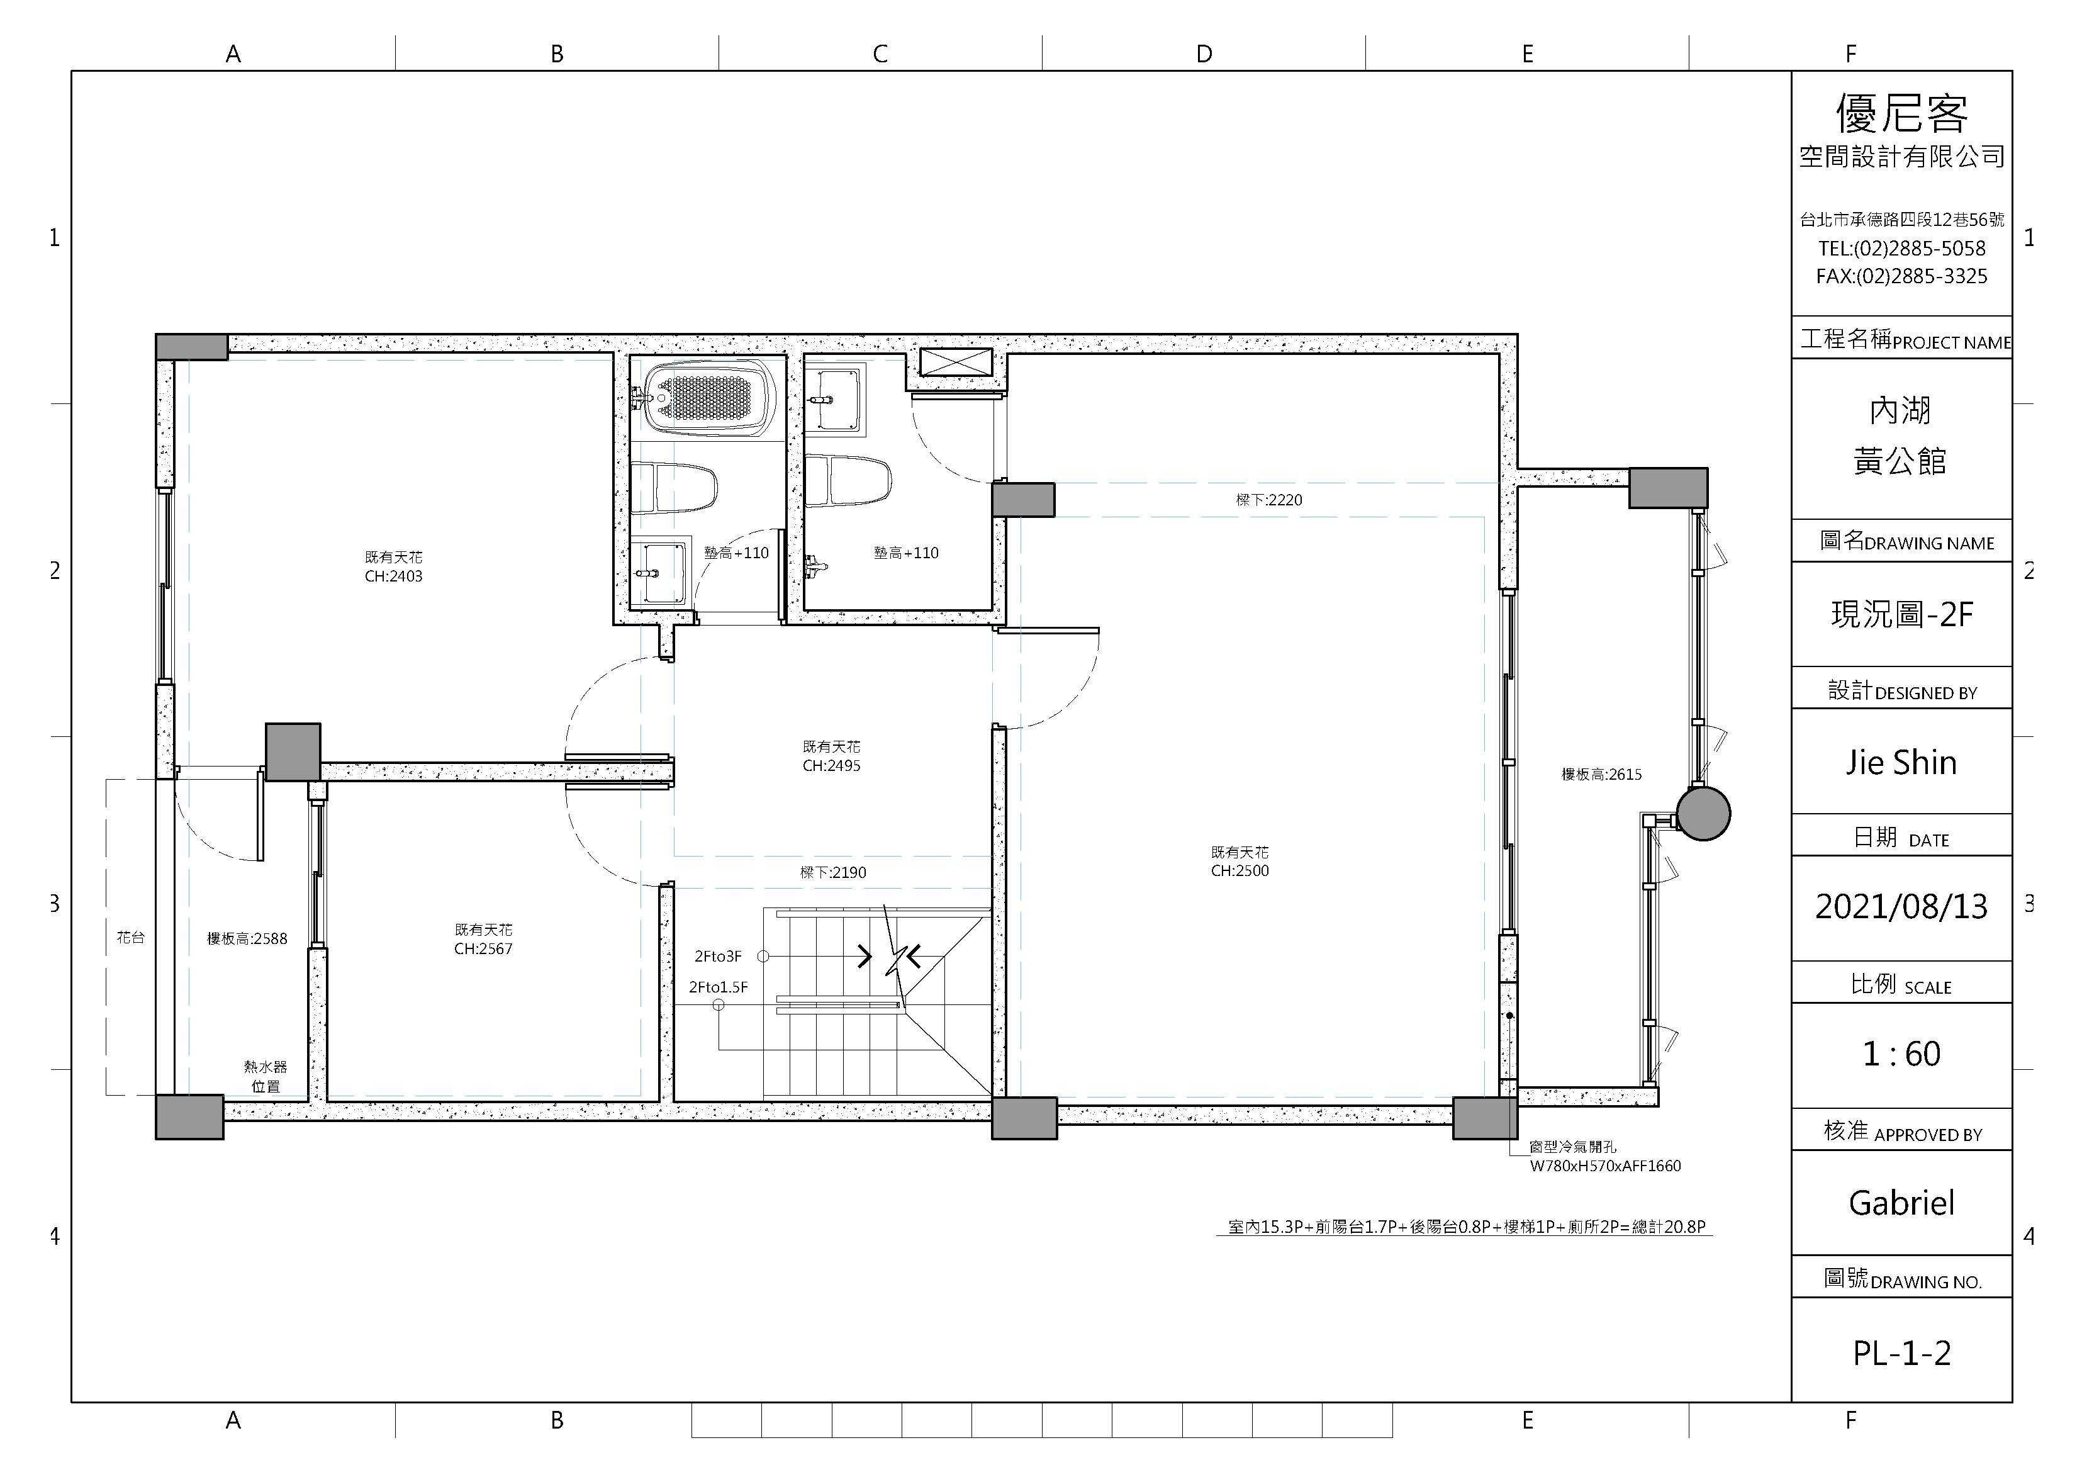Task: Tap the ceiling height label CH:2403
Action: [393, 576]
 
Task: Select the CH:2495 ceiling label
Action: [832, 765]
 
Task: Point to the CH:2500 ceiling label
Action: [1240, 871]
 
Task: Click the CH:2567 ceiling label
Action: [483, 948]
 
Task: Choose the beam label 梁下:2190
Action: [832, 872]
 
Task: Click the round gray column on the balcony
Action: [1703, 814]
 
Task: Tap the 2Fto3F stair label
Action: [718, 956]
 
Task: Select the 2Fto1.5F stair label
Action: [718, 987]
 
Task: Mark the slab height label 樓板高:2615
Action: [1601, 775]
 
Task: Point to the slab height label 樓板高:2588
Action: [247, 939]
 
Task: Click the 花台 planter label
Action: [131, 937]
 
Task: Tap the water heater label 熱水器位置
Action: [266, 1077]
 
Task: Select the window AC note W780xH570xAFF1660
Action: [1605, 1166]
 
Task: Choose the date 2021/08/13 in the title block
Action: [1901, 907]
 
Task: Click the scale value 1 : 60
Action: [1901, 1054]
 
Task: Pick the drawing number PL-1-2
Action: [1901, 1353]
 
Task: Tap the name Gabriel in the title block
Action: [1901, 1203]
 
